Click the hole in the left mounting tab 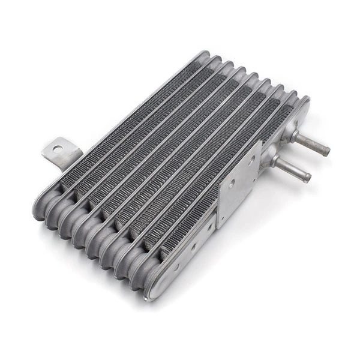pos(57,148)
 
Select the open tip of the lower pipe pos(307,178)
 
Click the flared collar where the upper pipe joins pos(293,136)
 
